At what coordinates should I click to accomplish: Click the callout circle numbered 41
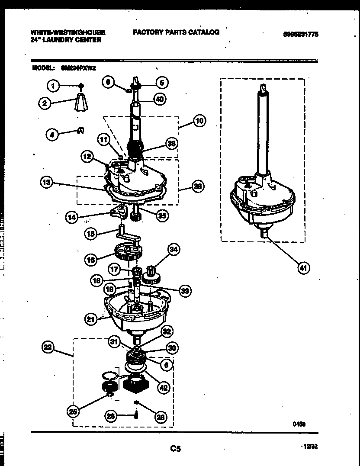point(303,268)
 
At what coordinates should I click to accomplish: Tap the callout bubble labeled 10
point(199,121)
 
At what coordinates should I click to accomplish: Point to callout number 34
point(174,249)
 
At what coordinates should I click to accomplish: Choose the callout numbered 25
point(74,411)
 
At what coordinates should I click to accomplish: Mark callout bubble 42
point(163,388)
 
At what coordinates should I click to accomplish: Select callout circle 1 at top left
point(53,86)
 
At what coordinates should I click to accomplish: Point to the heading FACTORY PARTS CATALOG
point(176,32)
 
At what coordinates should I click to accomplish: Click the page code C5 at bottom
point(175,449)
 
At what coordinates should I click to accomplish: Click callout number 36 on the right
point(197,186)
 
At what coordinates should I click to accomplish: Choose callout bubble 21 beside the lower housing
point(91,319)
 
